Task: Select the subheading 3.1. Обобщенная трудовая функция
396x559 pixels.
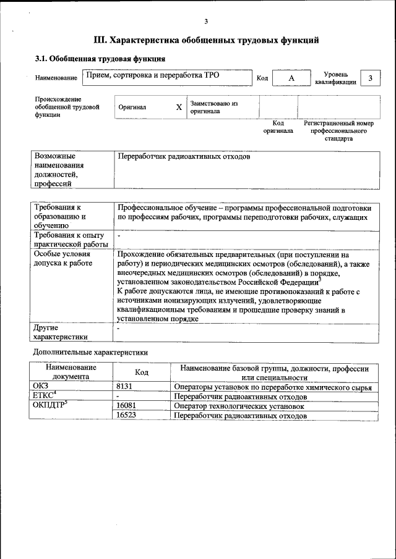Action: coord(100,59)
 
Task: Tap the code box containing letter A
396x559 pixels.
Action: coord(291,78)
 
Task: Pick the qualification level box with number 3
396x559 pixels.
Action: coord(370,78)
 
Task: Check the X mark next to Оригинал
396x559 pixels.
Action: coord(179,107)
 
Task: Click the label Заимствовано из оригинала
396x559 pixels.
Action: coord(213,107)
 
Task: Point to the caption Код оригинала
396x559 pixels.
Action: coord(278,127)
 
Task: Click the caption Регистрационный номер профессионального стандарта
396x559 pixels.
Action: coord(338,131)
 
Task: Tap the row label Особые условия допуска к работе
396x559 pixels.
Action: coord(62,259)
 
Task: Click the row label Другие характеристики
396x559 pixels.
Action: coord(60,332)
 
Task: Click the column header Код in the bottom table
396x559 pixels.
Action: coord(141,372)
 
